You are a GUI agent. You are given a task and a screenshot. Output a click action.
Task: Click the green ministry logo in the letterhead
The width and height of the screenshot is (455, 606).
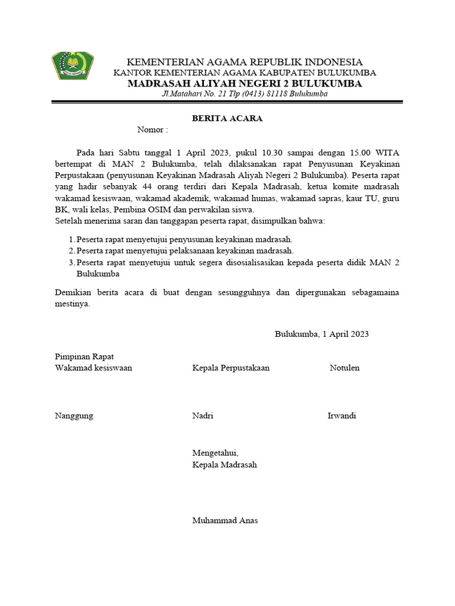click(72, 66)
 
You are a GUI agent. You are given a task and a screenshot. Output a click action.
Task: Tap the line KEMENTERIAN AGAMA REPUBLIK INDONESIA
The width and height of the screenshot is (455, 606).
click(245, 62)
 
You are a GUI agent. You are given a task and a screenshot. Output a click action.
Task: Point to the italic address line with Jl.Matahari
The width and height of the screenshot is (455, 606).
click(245, 94)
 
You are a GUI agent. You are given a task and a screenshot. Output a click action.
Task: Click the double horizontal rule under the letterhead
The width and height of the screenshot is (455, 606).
click(227, 103)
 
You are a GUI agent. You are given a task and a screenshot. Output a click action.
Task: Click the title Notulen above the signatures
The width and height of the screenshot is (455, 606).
click(344, 368)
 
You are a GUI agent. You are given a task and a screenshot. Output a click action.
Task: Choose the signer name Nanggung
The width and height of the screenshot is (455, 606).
click(73, 415)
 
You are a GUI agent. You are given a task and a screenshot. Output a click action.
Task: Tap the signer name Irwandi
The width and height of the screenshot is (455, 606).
click(341, 415)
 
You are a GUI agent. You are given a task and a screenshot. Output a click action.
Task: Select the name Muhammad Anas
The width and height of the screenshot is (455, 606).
click(225, 521)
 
